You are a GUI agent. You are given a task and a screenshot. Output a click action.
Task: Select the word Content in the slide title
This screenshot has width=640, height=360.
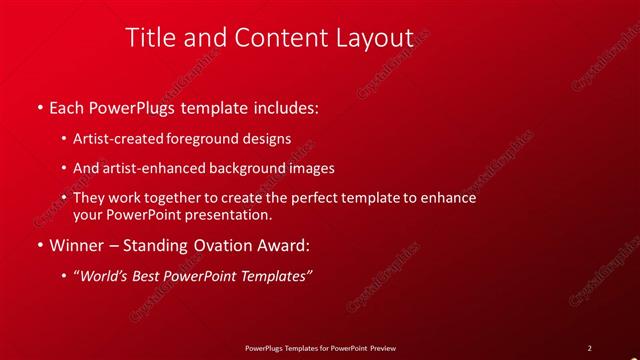[271, 37]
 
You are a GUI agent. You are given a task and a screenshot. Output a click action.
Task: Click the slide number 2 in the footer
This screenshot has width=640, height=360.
[589, 348]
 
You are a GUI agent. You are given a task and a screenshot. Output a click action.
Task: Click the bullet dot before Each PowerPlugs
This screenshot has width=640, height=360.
[39, 105]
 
